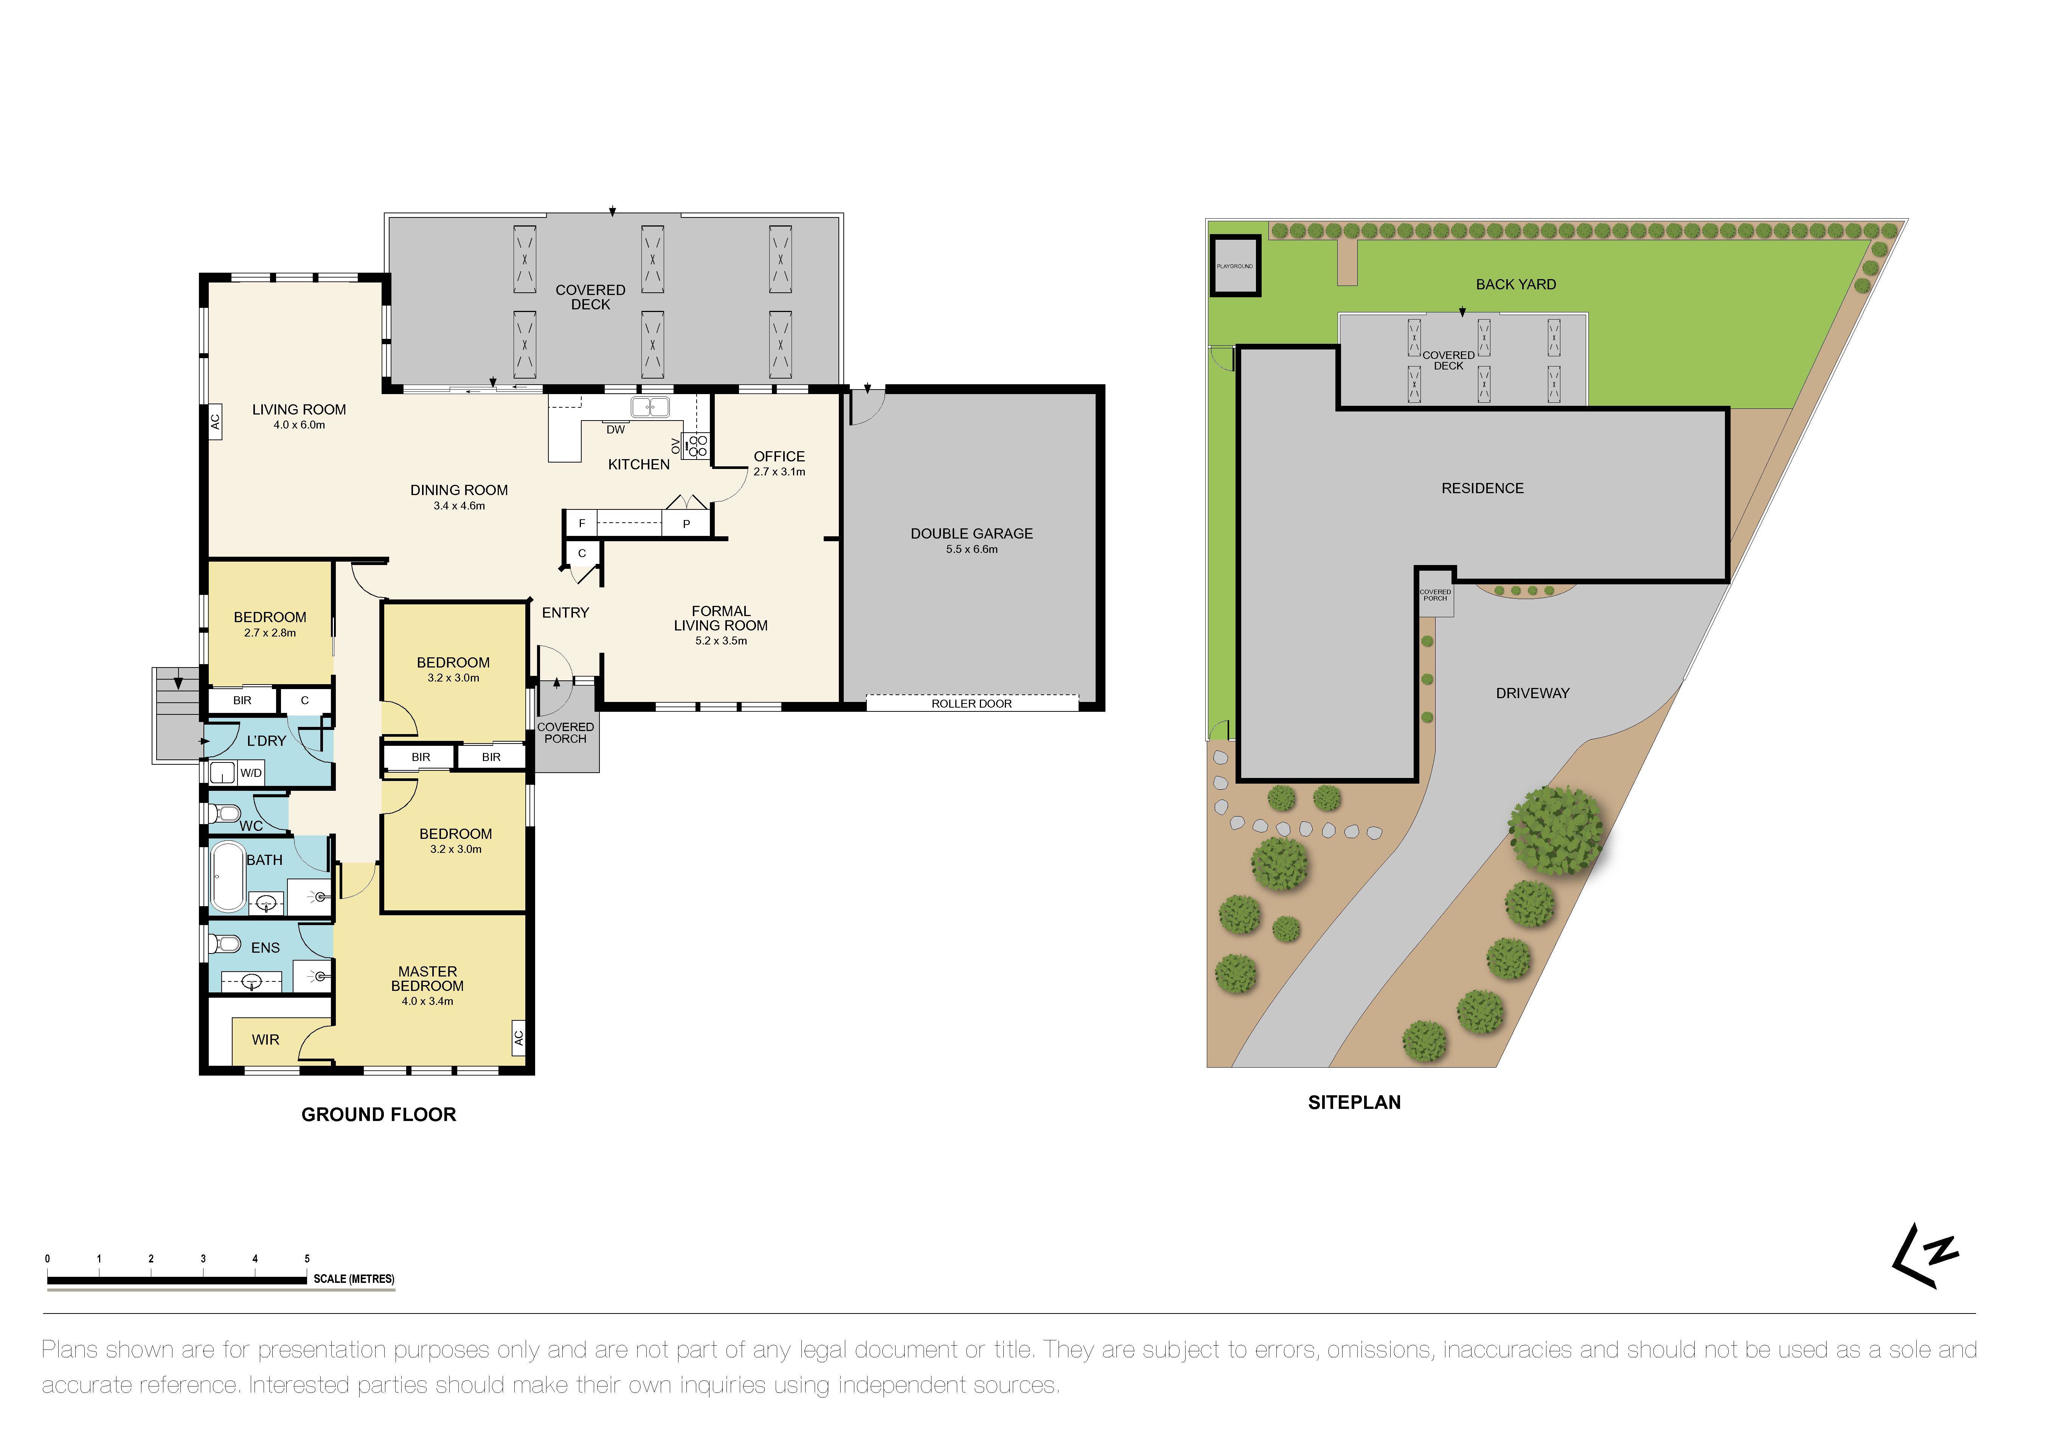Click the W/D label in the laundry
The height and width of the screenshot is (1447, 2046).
251,773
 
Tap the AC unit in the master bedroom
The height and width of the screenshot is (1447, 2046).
518,1038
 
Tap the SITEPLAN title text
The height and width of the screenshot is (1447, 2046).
1354,1102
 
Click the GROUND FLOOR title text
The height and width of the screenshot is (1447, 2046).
379,1115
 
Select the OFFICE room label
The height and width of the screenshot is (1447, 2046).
779,456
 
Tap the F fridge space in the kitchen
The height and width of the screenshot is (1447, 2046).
582,523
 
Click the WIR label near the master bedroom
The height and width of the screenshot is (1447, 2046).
265,1040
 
